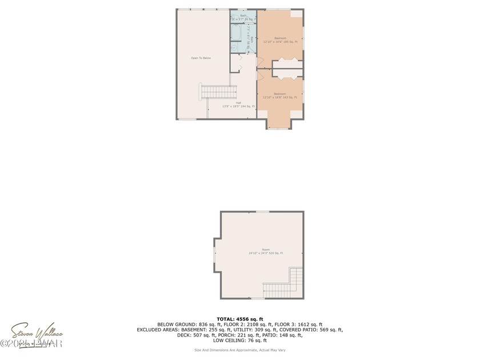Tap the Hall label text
pyautogui.click(x=238, y=105)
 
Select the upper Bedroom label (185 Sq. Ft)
pyautogui.click(x=280, y=40)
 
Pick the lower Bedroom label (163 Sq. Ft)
pyautogui.click(x=280, y=95)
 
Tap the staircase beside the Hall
pyautogui.click(x=219, y=91)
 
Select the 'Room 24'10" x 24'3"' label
pyautogui.click(x=266, y=251)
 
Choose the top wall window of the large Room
pyautogui.click(x=262, y=211)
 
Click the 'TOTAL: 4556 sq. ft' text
pyautogui.click(x=239, y=318)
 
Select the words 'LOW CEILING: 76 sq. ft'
pyautogui.click(x=239, y=341)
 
